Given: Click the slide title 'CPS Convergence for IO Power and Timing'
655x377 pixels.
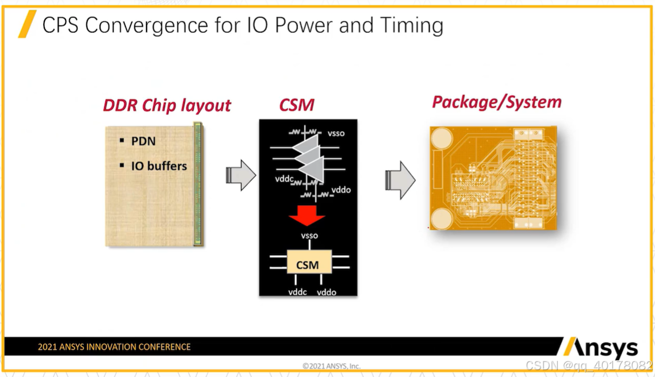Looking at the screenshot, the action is [243, 26].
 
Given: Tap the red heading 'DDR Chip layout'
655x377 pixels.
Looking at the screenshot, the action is [167, 105].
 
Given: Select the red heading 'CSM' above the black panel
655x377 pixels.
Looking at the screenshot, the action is [297, 105].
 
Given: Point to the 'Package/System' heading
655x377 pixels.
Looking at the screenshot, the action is [496, 102].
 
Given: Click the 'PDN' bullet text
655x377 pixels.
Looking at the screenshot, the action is [143, 141].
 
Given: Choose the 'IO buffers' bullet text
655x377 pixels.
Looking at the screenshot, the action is [159, 166].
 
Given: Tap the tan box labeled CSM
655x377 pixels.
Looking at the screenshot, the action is [308, 264].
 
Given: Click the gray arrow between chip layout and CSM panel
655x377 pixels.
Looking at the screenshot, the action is [241, 175].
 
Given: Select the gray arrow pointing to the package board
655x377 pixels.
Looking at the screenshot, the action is [400, 180].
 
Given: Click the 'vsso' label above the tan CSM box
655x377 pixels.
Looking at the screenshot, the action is [309, 236].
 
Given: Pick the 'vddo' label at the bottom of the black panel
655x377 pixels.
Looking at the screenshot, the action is [326, 292].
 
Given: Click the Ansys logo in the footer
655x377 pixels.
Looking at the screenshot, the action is [601, 348].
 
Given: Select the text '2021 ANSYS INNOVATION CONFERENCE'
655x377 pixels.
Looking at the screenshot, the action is [114, 347].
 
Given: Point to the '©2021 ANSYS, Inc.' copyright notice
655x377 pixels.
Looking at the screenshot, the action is [331, 366].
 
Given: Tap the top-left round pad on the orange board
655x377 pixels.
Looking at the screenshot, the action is [443, 139].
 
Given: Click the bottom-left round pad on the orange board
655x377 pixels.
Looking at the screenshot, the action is [443, 218].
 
